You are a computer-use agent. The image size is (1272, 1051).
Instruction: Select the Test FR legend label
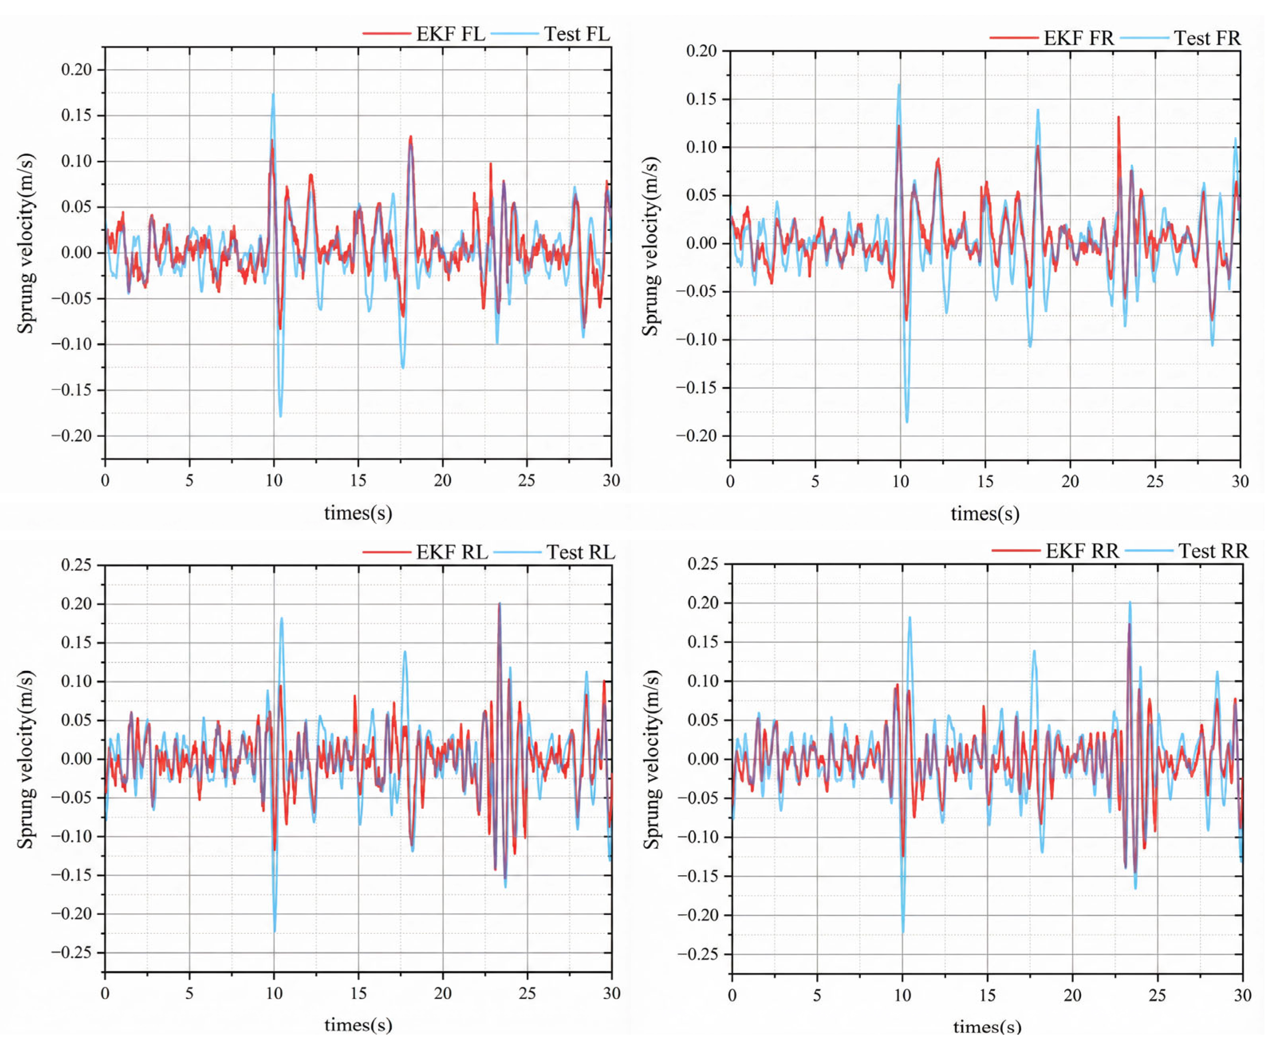pos(1206,38)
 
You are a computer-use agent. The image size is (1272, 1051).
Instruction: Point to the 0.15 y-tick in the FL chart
pos(76,115)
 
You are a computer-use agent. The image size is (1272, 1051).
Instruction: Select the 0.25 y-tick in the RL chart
pos(76,565)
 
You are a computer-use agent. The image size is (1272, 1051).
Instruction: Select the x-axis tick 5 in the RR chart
pos(817,995)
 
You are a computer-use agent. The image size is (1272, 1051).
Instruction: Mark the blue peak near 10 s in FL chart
pos(273,95)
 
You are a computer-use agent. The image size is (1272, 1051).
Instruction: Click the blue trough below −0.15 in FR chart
pos(906,420)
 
